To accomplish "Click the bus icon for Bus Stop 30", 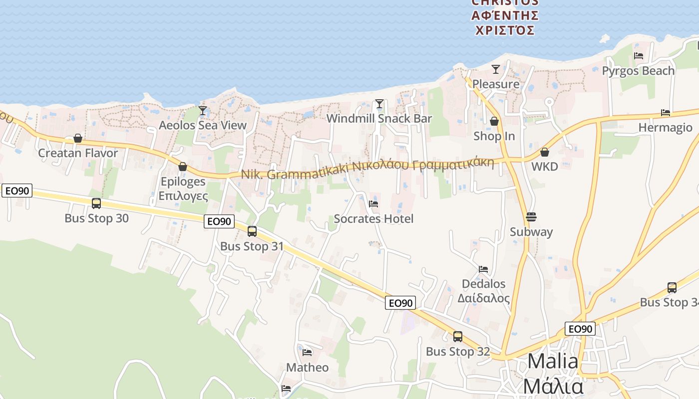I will (96, 203).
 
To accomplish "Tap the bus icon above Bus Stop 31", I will (252, 231).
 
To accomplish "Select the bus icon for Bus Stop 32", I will (458, 337).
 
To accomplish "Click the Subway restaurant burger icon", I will (531, 217).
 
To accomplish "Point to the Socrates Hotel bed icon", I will (373, 203).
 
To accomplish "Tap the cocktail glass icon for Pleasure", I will (496, 69).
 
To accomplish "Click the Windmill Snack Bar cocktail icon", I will (379, 104).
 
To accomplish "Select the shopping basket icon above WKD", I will (545, 152).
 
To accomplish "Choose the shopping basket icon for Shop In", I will (494, 121).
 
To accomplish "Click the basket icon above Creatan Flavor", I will (78, 138).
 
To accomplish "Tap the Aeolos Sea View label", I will (203, 125).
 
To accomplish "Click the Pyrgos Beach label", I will (638, 71).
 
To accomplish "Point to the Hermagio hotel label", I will (666, 128).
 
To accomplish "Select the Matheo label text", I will (307, 368).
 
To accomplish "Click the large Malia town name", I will (553, 361).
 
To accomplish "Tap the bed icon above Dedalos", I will (483, 269).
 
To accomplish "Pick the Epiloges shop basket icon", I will (183, 167).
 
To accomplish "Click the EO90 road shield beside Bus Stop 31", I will (219, 221).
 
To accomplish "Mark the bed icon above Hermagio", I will (666, 113).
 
